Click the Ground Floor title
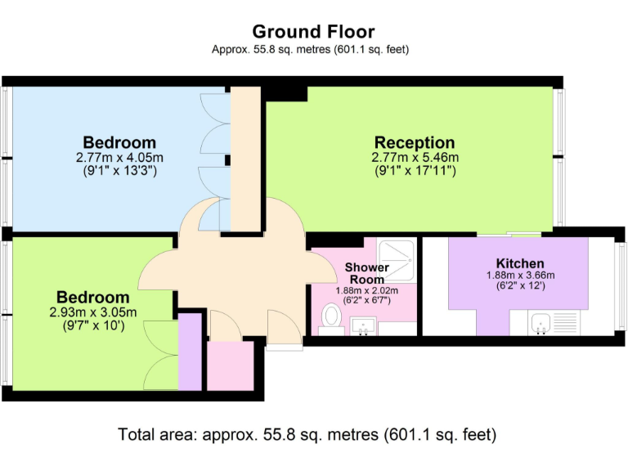pos(313,32)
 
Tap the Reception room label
pos(415,142)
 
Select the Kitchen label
pos(520,263)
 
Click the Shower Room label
pos(367,273)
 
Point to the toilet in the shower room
pos(331,316)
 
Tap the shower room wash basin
pos(363,325)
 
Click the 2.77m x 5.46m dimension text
pos(415,157)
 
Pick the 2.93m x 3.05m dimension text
pos(93,312)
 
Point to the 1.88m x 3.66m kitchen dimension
pos(520,276)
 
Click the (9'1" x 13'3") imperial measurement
pos(119,171)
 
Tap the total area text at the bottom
pos(307,434)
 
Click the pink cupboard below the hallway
pos(231,366)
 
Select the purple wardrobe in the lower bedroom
pos(190,352)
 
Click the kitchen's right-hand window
pos(622,286)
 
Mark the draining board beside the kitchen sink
pos(565,323)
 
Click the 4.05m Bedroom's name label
pos(119,142)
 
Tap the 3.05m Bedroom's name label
pos(93,297)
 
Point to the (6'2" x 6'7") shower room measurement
pos(367,300)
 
